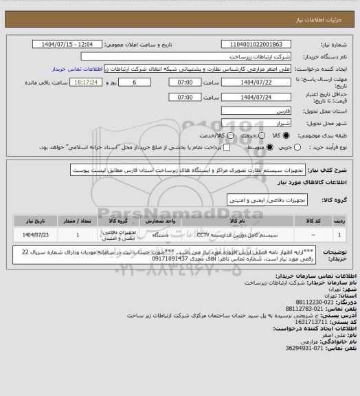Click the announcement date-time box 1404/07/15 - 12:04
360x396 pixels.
[70, 44]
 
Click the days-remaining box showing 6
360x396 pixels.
[143, 82]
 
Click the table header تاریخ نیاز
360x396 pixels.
[31, 221]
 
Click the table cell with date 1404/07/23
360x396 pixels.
[31, 234]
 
